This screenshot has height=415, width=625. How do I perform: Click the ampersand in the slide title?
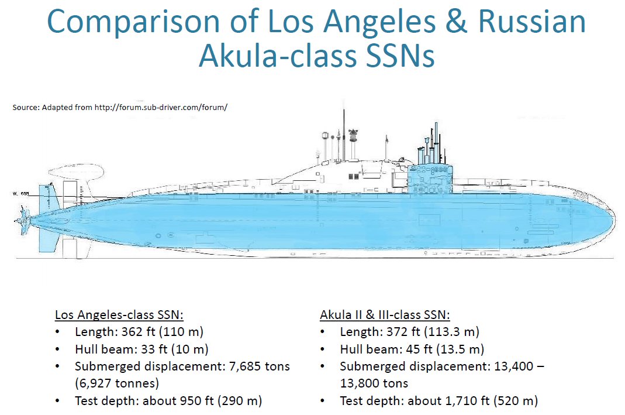[x=455, y=23]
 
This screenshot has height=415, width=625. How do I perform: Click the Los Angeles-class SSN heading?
[x=119, y=315]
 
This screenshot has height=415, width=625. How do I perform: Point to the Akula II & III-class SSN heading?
[x=385, y=315]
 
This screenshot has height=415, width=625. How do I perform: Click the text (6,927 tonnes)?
[x=117, y=383]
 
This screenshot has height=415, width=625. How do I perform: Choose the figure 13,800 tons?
[x=374, y=383]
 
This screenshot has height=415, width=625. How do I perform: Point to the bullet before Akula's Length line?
[x=324, y=332]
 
